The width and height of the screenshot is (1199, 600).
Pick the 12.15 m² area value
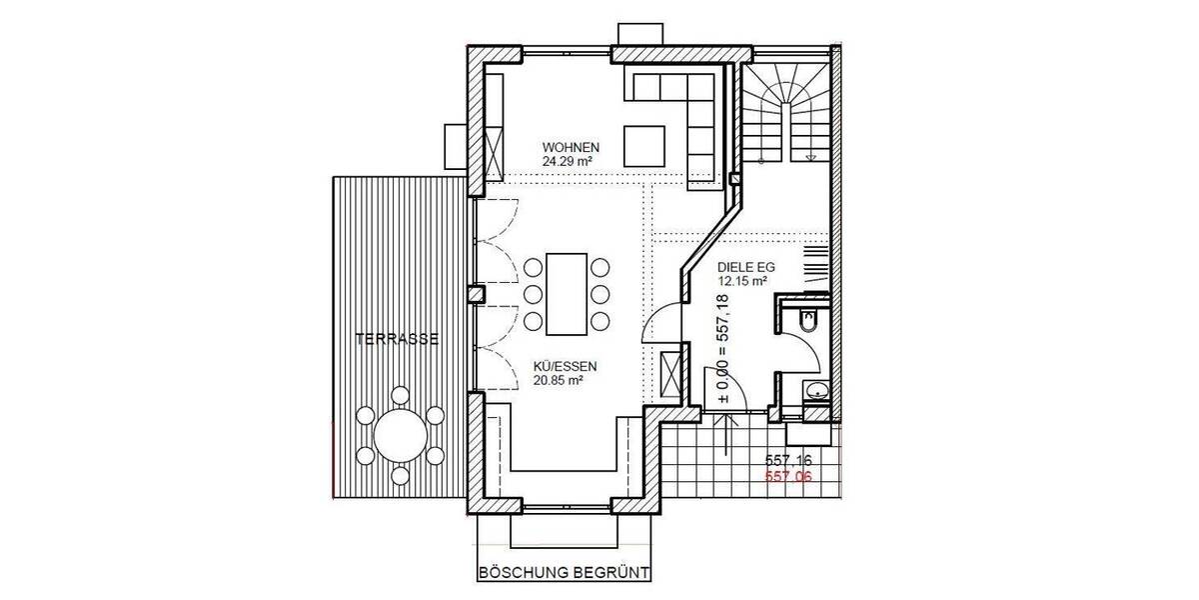(742, 283)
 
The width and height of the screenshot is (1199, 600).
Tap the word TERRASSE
(399, 340)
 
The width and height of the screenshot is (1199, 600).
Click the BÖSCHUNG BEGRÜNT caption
(565, 574)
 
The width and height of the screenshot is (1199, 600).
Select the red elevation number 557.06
(788, 476)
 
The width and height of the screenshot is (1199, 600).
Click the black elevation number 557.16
(788, 460)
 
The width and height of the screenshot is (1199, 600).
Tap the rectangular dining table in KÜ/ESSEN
(567, 294)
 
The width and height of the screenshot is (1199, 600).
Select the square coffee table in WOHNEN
(646, 146)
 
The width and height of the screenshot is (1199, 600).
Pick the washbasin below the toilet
(817, 389)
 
